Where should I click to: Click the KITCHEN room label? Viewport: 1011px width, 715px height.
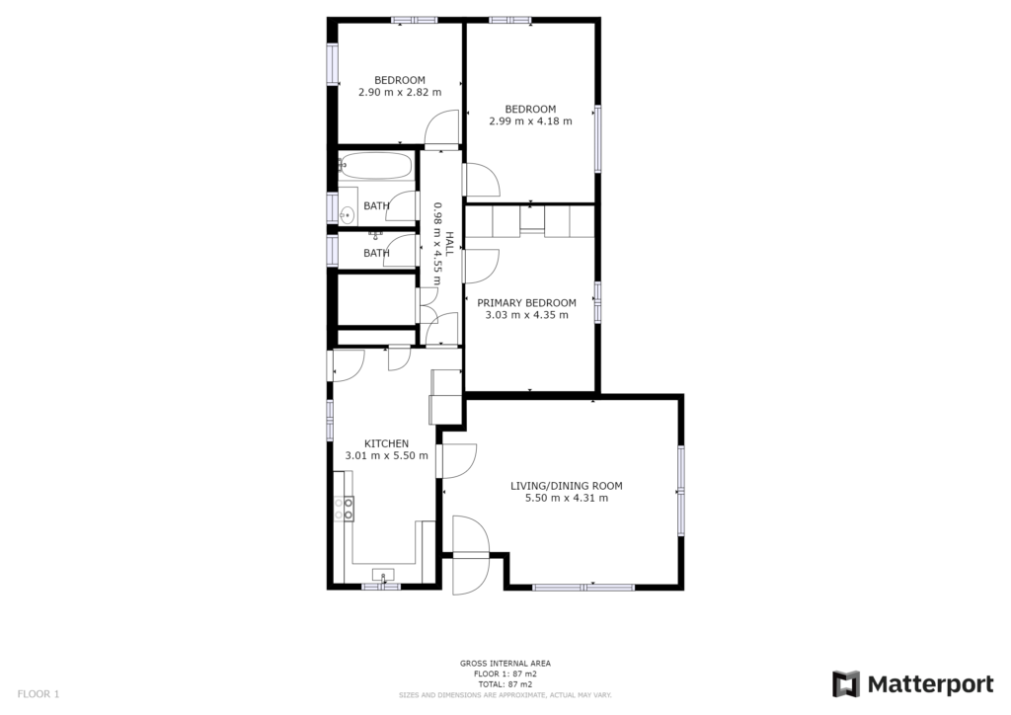point(386,443)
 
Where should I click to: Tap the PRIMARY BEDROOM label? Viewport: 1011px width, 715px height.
point(526,303)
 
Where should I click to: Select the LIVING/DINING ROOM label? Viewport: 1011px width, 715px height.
point(566,486)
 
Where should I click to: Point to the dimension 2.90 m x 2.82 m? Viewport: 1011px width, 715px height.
point(400,92)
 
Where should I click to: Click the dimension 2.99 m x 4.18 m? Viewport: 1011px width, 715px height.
point(530,121)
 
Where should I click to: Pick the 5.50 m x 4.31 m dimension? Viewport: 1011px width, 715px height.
point(567,499)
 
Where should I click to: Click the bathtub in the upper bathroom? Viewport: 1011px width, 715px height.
point(376,166)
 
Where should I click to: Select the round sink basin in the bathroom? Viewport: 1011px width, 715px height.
point(348,214)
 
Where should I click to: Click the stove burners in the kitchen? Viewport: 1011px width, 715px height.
point(344,508)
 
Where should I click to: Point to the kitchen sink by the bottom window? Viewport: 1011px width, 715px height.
point(384,575)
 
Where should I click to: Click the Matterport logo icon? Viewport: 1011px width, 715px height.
point(845,684)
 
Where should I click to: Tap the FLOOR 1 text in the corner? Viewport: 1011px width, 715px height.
point(39,694)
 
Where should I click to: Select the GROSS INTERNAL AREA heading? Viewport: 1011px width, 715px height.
point(505,664)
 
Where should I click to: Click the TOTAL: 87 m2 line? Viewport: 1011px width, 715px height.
point(505,684)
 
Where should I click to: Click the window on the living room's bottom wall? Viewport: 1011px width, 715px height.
point(583,588)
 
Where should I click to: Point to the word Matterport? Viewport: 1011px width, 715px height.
point(930,684)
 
